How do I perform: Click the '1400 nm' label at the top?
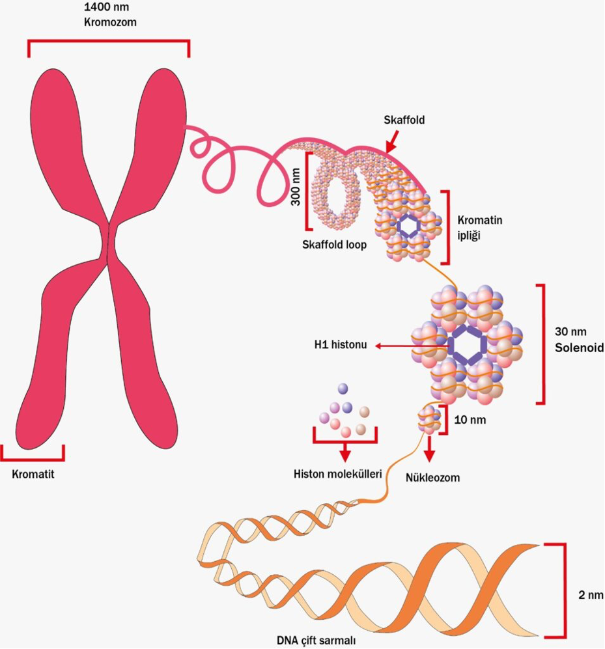point(107,7)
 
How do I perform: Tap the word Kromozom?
point(110,22)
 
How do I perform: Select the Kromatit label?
point(33,474)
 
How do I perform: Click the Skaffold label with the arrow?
point(404,120)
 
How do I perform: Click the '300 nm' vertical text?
point(296,187)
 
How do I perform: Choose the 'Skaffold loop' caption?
point(335,245)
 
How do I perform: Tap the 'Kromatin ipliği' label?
point(479,228)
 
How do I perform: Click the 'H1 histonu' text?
point(341,345)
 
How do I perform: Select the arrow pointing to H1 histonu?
point(412,346)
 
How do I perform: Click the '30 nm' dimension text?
point(570,331)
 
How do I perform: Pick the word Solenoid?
point(580,348)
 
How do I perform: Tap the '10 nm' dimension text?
point(470,420)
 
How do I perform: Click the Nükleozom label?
point(432,478)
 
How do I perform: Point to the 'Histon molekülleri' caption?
point(337,474)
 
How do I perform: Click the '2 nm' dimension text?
point(591,595)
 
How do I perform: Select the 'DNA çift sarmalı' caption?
point(316,641)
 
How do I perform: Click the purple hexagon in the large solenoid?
point(467,345)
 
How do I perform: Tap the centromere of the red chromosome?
point(109,242)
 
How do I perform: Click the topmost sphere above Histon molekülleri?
point(343,388)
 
